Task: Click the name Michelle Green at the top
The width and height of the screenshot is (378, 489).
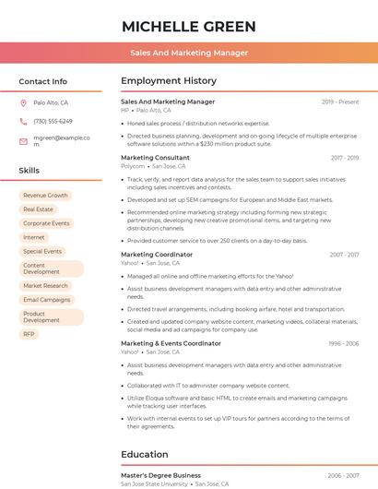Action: click(189, 26)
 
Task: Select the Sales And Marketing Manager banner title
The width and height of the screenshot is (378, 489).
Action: click(189, 53)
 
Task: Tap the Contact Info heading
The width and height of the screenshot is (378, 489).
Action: click(43, 81)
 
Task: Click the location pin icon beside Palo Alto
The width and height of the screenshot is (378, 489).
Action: click(23, 103)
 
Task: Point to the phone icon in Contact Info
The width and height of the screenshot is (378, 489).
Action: click(23, 121)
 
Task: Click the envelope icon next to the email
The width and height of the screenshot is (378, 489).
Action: click(23, 140)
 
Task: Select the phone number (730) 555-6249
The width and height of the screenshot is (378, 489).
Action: click(53, 121)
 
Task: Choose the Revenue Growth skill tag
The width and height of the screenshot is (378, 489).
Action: click(45, 196)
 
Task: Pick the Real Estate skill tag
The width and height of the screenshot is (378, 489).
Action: click(38, 209)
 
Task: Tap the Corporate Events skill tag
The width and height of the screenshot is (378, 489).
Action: click(46, 223)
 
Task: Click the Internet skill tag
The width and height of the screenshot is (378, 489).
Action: click(33, 237)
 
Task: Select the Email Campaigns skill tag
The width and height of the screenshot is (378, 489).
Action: click(46, 300)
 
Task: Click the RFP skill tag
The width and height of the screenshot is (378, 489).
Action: click(29, 334)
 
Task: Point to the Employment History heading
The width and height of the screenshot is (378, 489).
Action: click(169, 81)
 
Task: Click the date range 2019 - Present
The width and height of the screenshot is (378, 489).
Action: click(340, 102)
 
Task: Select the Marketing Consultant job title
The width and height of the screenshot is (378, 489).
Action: click(155, 158)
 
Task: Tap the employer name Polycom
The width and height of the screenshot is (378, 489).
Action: click(133, 166)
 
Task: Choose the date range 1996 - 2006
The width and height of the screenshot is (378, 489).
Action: click(343, 343)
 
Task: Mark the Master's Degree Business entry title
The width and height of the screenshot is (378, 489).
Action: click(160, 475)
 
